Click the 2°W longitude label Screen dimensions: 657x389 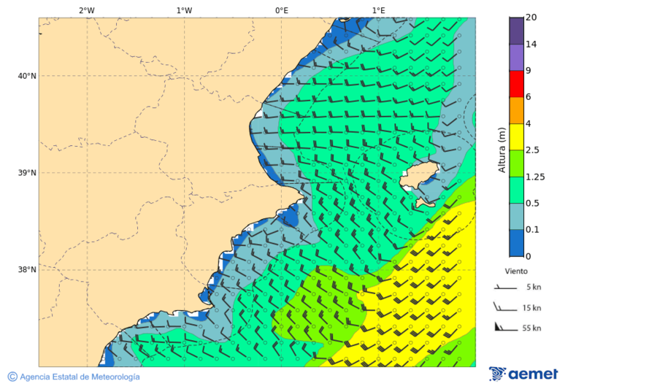86,10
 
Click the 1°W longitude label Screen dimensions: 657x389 184,10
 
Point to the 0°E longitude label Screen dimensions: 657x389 281,10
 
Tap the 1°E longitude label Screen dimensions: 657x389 378,10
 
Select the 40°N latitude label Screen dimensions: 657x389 28,76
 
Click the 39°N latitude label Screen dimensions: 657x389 28,173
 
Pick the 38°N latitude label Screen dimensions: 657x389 28,270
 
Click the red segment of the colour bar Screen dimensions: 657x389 516,84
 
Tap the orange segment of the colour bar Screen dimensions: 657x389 516,110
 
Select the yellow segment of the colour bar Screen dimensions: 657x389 516,136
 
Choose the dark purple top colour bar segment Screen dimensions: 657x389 516,31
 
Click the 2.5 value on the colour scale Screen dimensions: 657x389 532,150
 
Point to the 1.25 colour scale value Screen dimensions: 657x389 534,177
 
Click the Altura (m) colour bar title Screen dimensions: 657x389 502,150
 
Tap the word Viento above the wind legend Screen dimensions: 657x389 516,271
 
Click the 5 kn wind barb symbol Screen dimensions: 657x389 505,288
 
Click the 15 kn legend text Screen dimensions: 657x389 532,308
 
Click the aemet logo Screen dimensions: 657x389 523,374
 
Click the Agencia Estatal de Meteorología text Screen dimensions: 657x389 79,377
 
